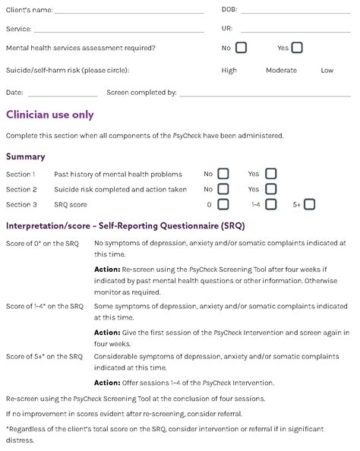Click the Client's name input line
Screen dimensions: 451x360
click(129, 12)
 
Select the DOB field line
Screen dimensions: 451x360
click(296, 12)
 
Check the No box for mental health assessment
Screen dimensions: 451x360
click(241, 48)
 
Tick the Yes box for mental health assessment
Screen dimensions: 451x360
click(296, 48)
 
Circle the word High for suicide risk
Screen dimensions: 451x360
click(229, 71)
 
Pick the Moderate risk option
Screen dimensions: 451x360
click(281, 71)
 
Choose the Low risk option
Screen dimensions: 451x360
click(327, 71)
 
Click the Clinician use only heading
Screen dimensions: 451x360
click(50, 115)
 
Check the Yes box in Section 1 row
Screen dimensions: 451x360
click(271, 174)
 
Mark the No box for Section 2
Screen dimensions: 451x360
click(223, 189)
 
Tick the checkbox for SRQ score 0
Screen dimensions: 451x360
click(223, 204)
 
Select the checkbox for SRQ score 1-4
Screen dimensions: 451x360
click(271, 204)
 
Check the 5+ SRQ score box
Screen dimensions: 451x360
click(309, 204)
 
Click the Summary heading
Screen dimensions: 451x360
click(26, 156)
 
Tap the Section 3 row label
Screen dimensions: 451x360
click(21, 205)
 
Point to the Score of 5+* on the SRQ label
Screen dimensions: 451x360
click(44, 356)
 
